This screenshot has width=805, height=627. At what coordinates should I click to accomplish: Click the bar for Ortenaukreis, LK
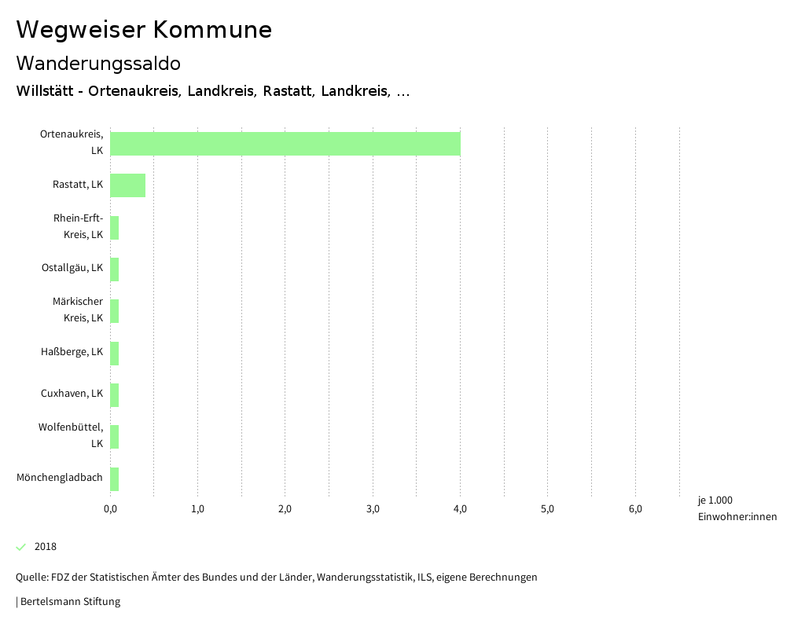pos(285,144)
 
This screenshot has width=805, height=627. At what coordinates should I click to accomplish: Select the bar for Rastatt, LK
pos(127,185)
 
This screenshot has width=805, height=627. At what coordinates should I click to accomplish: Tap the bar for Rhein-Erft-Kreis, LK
pos(115,228)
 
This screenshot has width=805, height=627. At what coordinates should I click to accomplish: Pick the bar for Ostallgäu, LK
pos(115,269)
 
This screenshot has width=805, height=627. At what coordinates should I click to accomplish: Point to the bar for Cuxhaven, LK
pos(115,394)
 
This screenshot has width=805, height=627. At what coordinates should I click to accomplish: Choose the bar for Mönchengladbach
pos(115,478)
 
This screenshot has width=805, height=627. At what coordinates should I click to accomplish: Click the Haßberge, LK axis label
pos(72,352)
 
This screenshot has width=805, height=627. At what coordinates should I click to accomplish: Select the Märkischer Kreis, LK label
pos(77,310)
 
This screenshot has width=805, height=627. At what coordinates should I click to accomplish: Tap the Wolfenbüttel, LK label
pos(71,435)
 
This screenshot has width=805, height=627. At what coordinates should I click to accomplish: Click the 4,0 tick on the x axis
pos(461,509)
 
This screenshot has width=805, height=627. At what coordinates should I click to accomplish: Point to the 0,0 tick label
pos(110,509)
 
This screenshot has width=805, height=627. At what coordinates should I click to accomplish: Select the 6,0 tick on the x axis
pos(635,509)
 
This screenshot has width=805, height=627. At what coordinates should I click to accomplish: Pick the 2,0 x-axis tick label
pos(285,509)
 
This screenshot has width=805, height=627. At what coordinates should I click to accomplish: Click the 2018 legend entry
pos(45,547)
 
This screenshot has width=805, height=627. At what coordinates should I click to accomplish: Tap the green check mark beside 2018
pos(21,547)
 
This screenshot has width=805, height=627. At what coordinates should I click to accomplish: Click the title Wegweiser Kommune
pos(144,30)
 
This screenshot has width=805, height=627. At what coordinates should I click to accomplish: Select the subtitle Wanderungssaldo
pos(98,63)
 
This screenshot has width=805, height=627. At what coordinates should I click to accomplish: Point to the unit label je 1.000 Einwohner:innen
pos(737,508)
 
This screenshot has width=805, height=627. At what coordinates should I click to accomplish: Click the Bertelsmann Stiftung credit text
pos(70,602)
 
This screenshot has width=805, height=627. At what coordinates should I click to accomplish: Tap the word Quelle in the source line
pos(31,577)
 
